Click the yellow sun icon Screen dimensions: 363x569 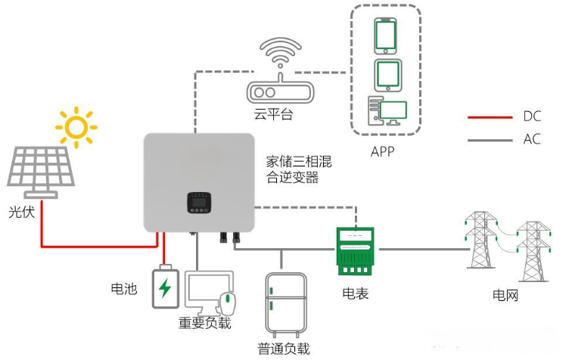[76, 126]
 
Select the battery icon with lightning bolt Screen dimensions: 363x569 [164, 287]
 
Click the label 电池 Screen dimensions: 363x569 [124, 288]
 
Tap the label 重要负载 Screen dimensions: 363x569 [204, 323]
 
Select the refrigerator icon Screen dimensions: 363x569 [285, 305]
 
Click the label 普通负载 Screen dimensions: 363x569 [284, 349]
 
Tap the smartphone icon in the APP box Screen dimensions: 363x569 [387, 36]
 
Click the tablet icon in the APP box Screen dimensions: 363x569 [387, 76]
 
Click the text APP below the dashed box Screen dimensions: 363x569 [383, 151]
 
